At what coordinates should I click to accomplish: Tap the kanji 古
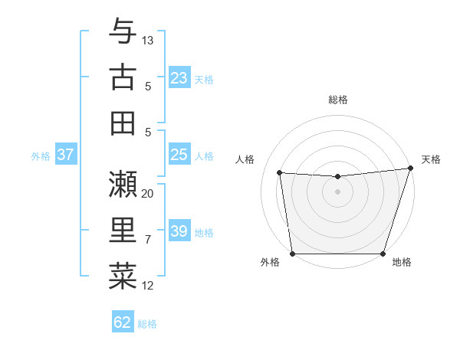123,79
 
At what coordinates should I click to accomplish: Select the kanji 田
123,123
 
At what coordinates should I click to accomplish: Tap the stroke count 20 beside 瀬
148,193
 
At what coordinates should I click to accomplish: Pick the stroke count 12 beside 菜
148,286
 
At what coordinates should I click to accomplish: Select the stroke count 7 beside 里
148,240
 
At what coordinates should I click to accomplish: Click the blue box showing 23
179,78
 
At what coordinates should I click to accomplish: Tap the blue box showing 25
179,155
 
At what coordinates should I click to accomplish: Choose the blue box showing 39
179,231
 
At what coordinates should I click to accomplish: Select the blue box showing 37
65,155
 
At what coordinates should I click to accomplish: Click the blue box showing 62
123,322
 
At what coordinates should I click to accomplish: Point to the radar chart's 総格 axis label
337,100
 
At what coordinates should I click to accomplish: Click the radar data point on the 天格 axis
410,168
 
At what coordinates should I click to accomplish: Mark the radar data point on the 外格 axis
292,254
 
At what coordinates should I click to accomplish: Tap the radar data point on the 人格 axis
279,173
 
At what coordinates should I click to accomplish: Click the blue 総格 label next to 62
147,323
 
